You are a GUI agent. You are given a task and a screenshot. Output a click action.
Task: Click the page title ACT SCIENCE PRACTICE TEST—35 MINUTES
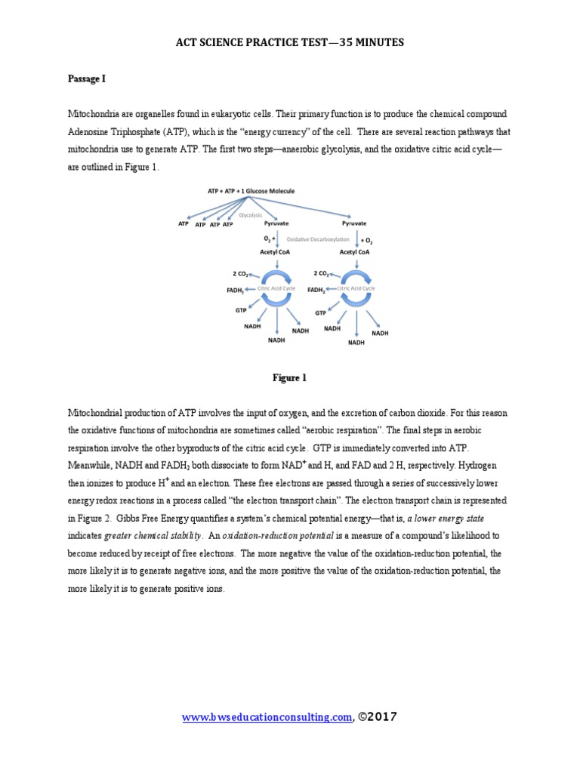(x=290, y=43)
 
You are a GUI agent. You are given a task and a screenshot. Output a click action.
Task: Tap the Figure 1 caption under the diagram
(x=289, y=378)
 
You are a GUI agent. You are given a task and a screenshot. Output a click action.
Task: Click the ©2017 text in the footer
(x=377, y=717)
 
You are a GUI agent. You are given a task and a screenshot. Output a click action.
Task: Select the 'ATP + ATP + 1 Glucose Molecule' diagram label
(x=251, y=192)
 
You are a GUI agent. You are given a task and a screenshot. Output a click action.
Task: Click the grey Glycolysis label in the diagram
(x=249, y=215)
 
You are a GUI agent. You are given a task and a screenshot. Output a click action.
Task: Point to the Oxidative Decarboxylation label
(x=317, y=239)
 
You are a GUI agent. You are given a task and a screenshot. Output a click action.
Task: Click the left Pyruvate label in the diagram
(x=276, y=224)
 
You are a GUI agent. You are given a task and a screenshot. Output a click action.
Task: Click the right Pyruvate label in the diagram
(x=354, y=224)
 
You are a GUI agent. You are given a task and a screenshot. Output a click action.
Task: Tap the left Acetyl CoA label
(x=276, y=253)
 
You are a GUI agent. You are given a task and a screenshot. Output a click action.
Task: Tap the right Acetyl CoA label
(x=354, y=253)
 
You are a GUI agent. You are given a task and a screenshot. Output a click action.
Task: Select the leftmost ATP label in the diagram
(x=183, y=224)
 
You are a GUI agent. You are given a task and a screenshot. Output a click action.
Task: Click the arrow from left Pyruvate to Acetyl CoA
(x=278, y=239)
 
